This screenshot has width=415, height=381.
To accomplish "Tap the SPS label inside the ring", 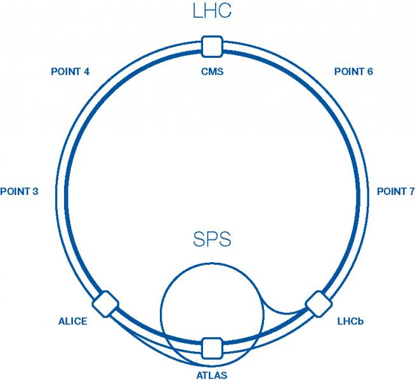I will (x=212, y=240).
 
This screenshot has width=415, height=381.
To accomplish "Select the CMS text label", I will (x=212, y=72).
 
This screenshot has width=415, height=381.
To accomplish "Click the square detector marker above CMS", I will (x=211, y=46).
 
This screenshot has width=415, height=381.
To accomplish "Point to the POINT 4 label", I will (x=70, y=72).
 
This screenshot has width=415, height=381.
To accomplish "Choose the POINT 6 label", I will (x=353, y=72).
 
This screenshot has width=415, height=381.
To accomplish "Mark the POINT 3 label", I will (x=20, y=192).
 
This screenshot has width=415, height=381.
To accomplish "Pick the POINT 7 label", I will (x=396, y=192).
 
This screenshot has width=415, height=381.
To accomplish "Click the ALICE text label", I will (x=73, y=321).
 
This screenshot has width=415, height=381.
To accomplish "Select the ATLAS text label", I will (x=212, y=375).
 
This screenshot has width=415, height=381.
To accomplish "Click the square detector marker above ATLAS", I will (x=211, y=348).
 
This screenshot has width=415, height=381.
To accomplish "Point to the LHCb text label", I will (x=350, y=321).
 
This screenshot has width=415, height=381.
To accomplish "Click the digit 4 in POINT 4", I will (x=86, y=72).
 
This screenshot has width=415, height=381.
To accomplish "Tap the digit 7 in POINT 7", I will (x=411, y=192).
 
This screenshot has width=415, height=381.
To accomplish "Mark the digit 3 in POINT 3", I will (x=36, y=192).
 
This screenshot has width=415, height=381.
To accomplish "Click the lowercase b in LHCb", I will (x=360, y=321).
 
